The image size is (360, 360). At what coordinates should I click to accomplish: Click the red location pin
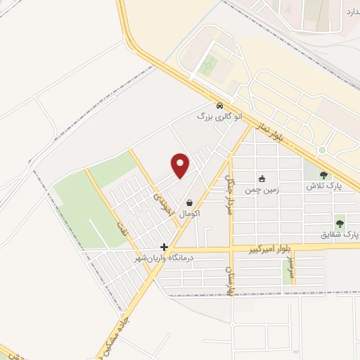pos(181,165)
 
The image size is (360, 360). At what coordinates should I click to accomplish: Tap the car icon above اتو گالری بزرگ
pos(220,105)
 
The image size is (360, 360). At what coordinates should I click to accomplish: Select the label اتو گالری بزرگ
pos(219,116)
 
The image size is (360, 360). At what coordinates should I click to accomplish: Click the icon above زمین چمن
pos(262,179)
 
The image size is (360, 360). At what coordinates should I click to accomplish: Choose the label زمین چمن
pos(262,189)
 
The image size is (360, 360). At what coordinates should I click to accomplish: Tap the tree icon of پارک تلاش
pos(323,176)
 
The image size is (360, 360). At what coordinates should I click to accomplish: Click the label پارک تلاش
pos(323,186)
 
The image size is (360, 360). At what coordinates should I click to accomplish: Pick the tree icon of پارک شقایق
pos(340,223)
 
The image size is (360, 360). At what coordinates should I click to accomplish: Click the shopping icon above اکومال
pos(190,202)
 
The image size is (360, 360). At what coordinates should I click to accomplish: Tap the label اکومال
pos(190,212)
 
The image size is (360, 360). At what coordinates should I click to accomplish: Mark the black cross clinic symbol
pos(164,247)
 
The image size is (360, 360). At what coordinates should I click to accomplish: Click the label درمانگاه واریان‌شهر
pos(169,258)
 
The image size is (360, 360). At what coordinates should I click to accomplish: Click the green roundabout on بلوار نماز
pos(322,150)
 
